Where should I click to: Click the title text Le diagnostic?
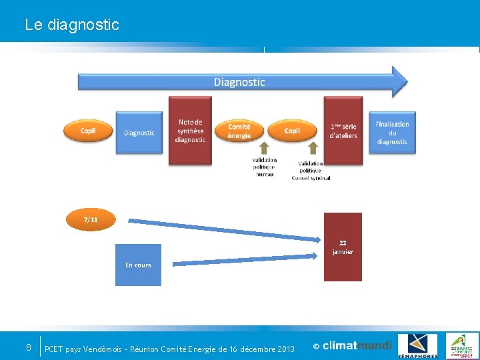tap(72, 25)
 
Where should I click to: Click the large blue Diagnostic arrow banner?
tap(240, 82)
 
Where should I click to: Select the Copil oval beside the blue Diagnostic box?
tap(88, 131)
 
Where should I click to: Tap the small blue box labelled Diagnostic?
tap(139, 133)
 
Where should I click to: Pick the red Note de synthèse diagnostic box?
tap(190, 131)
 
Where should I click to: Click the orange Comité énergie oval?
tap(239, 131)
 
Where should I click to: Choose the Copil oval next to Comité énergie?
tap(292, 131)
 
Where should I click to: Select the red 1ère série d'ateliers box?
tap(343, 131)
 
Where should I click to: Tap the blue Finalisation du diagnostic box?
tap(392, 133)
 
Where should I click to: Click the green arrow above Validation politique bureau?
tap(264, 149)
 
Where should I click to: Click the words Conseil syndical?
tap(311, 178)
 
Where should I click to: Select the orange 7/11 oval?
tap(91, 220)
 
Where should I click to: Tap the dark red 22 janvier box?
tap(343, 247)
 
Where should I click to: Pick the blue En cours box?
tap(138, 265)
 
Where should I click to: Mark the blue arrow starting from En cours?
tap(240, 259)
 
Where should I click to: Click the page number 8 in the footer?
tap(28, 347)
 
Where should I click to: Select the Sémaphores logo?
tap(417, 346)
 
